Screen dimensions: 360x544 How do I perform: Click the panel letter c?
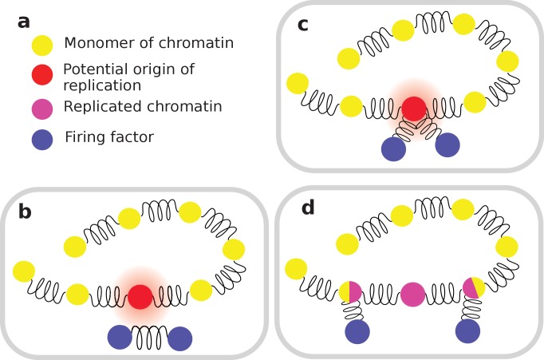[302, 25]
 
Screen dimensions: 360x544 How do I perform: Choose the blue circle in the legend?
[41, 139]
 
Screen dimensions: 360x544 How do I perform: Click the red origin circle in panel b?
[141, 296]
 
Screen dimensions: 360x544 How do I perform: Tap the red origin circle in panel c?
[414, 108]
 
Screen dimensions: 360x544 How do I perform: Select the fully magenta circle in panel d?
[414, 293]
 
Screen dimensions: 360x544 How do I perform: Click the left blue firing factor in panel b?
[120, 338]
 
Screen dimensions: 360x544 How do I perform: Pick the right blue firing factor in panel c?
[447, 145]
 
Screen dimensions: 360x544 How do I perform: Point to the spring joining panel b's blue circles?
[151, 338]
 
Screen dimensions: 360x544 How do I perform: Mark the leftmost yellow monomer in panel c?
[298, 82]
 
